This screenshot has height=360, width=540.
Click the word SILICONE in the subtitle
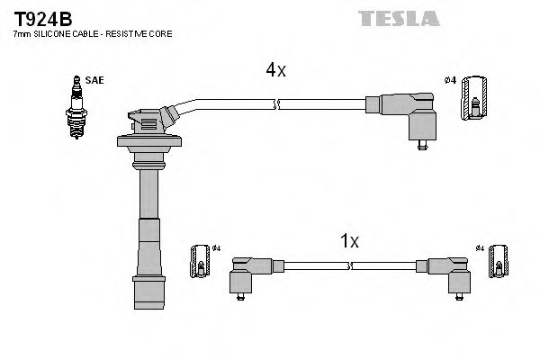pyautogui.click(x=55, y=33)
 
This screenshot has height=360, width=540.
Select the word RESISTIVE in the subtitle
pyautogui.click(x=139, y=33)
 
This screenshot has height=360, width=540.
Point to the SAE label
pyautogui.click(x=95, y=80)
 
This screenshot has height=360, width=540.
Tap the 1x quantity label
pyautogui.click(x=349, y=240)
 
